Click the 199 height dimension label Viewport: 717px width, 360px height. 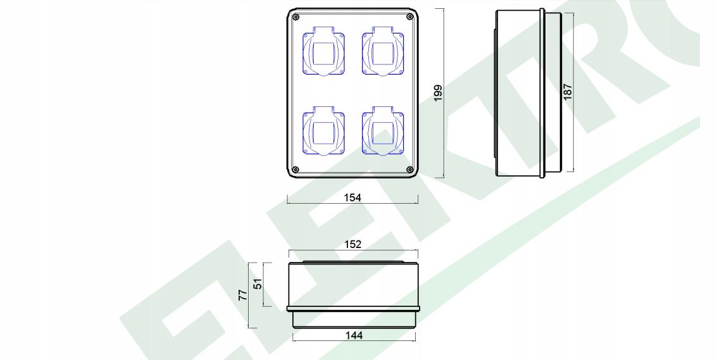point(438,93)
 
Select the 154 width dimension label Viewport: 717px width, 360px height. point(352,197)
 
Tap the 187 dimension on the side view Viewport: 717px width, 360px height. point(568,92)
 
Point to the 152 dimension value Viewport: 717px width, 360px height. point(352,244)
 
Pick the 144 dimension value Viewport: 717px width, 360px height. point(354,336)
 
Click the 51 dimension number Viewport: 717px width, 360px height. point(258,284)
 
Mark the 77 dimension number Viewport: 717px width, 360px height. point(243,295)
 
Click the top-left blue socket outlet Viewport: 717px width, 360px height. point(323,51)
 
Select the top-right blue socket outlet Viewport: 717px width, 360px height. point(383,51)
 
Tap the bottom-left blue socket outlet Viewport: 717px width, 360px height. point(323,132)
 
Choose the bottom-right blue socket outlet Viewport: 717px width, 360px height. point(383,132)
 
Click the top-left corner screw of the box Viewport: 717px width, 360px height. point(296,17)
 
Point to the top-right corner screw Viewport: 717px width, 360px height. point(409,17)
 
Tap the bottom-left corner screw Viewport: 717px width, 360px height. point(296,170)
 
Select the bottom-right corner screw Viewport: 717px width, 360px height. point(409,170)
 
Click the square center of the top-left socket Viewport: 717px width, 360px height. point(323,54)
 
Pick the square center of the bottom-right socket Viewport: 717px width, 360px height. point(383,133)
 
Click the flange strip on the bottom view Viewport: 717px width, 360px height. point(354,309)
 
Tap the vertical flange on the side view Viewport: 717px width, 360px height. point(542,93)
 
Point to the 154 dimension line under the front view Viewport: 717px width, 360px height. point(352,203)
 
